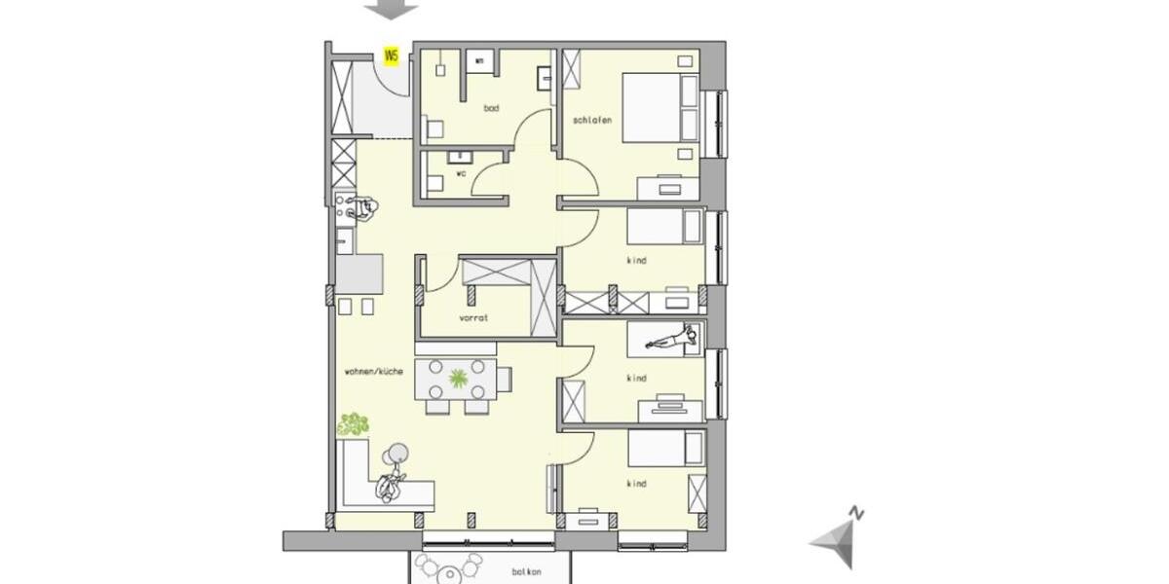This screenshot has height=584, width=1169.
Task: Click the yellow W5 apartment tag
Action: pyautogui.click(x=392, y=55)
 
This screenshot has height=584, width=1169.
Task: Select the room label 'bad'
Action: pyautogui.click(x=491, y=108)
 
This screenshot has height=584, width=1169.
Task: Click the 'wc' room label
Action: pyautogui.click(x=461, y=173)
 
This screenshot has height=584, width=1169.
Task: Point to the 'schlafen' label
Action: pyautogui.click(x=592, y=120)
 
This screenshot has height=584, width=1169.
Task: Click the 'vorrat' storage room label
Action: pyautogui.click(x=473, y=318)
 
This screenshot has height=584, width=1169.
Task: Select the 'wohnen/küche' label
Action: pyautogui.click(x=373, y=372)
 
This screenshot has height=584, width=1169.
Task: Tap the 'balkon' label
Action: pyautogui.click(x=526, y=572)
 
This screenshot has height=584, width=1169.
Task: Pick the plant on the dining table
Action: pyautogui.click(x=457, y=375)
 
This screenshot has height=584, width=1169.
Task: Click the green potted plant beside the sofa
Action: pyautogui.click(x=354, y=423)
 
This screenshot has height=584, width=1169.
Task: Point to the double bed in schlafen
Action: pyautogui.click(x=660, y=107)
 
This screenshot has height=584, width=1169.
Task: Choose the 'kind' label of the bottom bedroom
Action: pyautogui.click(x=637, y=484)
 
